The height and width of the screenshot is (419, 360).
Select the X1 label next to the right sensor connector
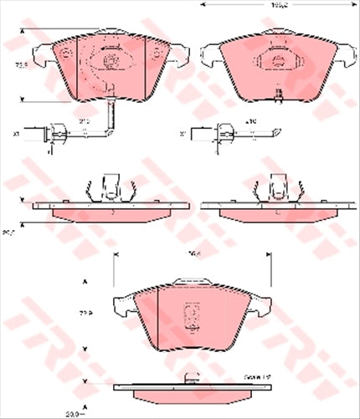(x=183, y=132)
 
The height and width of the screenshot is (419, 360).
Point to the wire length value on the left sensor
(x=84, y=121)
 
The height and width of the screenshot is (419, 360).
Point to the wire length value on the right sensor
(x=249, y=121)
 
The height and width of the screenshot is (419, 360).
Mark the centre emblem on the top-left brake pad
(x=109, y=61)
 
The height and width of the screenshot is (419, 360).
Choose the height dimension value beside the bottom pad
(x=85, y=315)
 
